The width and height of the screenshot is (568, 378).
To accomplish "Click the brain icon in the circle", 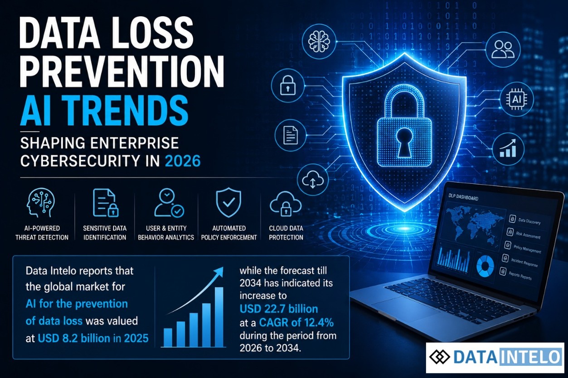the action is point(319,41).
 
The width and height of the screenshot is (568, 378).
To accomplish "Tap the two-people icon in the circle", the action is point(503,49).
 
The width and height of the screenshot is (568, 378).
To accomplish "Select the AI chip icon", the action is point(516,99).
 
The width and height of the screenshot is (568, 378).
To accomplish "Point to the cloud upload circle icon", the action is point(313,179).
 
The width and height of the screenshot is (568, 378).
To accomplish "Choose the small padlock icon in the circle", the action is point(287,85).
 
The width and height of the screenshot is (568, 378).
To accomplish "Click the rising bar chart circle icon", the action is point(508,148).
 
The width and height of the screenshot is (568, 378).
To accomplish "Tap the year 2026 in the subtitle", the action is point(183,161).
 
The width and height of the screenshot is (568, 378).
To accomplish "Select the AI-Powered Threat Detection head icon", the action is point(41,202).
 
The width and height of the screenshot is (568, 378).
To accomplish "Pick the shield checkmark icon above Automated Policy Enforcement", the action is point(228,202).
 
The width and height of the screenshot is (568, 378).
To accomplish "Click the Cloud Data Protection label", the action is point(286,233).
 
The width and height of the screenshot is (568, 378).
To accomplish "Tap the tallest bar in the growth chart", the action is point(219,317).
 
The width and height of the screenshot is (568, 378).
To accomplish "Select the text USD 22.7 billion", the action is point(279,309).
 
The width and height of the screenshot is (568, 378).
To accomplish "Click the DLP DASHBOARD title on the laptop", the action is point(463,197).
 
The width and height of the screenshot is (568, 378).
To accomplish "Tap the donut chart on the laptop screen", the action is point(485,266).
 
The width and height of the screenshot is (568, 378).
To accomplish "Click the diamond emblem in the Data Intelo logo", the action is point(440,357).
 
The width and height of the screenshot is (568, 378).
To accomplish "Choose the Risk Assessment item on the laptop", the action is point(524,234).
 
